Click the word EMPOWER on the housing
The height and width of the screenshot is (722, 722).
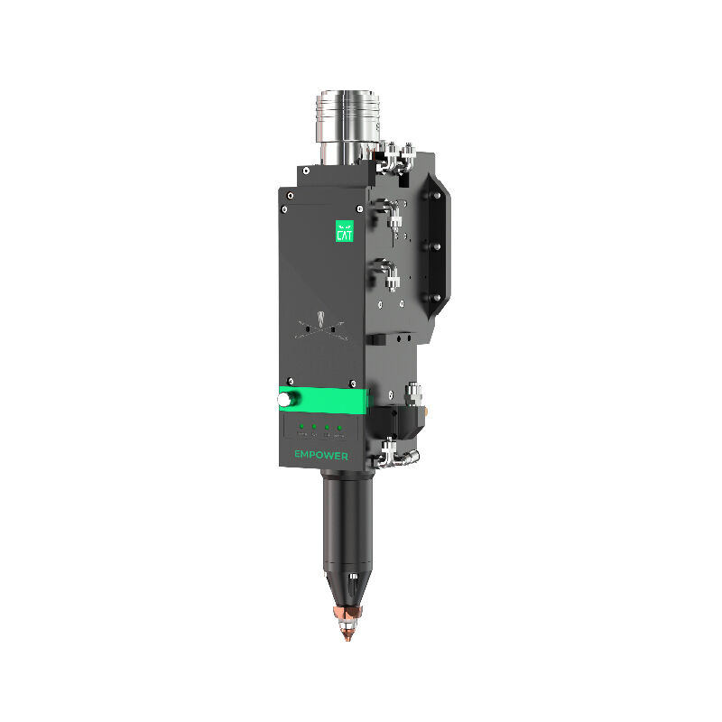click(321, 456)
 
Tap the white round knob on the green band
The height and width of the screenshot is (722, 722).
click(285, 398)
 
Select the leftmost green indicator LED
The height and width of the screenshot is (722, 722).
click(301, 424)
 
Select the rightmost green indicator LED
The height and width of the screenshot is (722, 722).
click(339, 424)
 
